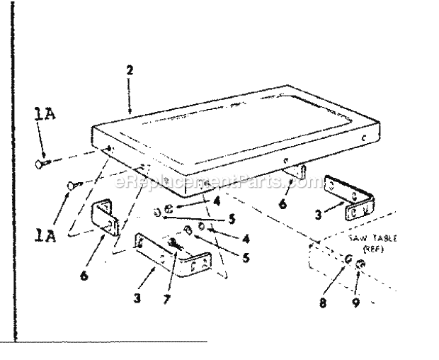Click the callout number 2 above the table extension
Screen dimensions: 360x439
[130, 70]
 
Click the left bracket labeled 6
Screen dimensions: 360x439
[105, 215]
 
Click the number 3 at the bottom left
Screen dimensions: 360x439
[138, 297]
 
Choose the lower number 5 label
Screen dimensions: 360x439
[245, 258]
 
